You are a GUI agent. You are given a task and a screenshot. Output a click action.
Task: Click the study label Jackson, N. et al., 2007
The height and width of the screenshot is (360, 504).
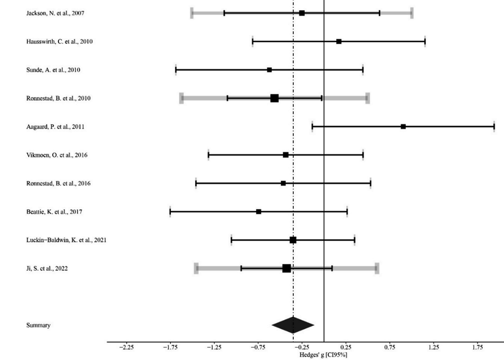pyautogui.click(x=55, y=13)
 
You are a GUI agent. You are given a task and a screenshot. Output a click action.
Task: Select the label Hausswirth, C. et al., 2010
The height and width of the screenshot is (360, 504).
pyautogui.click(x=59, y=41)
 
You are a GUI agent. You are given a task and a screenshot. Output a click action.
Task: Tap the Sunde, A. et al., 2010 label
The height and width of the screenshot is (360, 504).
pyautogui.click(x=53, y=70)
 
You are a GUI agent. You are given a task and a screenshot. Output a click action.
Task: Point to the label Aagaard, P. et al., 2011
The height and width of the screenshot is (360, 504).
pyautogui.click(x=55, y=127)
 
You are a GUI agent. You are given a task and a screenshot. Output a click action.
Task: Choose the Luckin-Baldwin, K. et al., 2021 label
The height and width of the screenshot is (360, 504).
pyautogui.click(x=66, y=240)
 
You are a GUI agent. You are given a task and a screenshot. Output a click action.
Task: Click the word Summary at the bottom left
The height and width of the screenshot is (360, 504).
pyautogui.click(x=38, y=325)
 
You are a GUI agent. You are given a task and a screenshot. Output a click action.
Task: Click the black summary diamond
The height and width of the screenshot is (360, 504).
pyautogui.click(x=293, y=325)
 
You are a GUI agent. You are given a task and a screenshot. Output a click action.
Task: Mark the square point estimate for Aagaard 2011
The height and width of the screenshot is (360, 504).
pyautogui.click(x=403, y=127)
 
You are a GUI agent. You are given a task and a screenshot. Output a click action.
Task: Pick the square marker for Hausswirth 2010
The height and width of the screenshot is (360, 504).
pyautogui.click(x=339, y=41)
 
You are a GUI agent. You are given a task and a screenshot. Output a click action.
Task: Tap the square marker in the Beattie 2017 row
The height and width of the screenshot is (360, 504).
pyautogui.click(x=259, y=212)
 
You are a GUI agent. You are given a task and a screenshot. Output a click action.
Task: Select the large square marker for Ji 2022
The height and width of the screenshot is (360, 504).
pyautogui.click(x=286, y=268)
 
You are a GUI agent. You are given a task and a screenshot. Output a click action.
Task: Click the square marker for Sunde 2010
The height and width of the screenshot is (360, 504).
pyautogui.click(x=269, y=70)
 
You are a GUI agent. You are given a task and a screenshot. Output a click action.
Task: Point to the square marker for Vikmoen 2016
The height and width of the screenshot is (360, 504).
pyautogui.click(x=286, y=155)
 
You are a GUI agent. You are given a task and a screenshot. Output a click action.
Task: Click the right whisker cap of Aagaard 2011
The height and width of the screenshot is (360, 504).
pyautogui.click(x=494, y=127)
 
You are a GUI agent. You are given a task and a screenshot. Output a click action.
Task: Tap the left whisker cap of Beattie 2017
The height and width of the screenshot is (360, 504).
pyautogui.click(x=170, y=212)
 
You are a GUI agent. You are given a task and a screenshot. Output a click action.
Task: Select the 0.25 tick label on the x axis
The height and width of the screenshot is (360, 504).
pyautogui.click(x=346, y=347)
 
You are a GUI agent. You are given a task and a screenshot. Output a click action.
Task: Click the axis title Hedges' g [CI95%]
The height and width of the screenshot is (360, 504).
pyautogui.click(x=324, y=355)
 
